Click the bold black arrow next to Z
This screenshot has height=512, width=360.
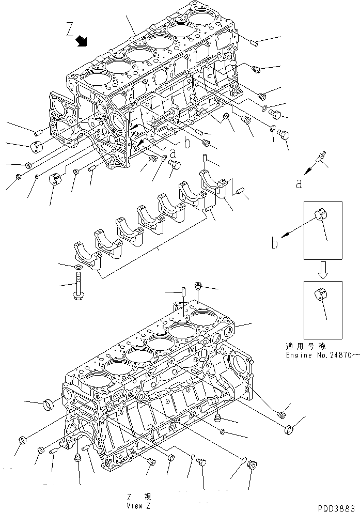click(82, 41)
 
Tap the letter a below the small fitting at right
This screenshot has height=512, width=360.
click(299, 183)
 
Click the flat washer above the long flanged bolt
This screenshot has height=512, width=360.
click(77, 267)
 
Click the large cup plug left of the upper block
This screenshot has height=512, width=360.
click(37, 146)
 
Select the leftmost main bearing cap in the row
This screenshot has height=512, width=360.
click(85, 255)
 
